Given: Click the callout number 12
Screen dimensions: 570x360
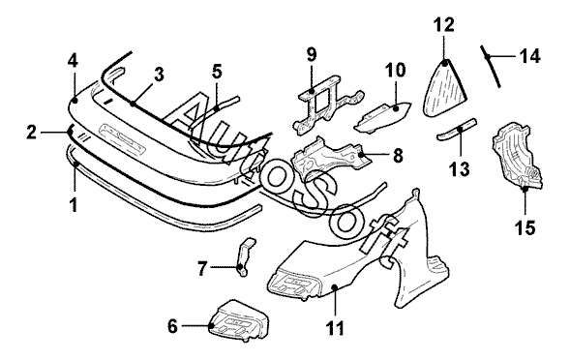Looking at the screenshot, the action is coord(444,25).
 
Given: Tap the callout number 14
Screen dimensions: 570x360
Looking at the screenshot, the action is coord(530,56).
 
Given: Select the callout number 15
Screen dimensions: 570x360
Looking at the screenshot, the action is coord(525,228).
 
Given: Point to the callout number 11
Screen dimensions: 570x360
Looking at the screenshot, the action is coord(335,329).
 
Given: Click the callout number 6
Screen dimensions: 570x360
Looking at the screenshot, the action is coord(172,326).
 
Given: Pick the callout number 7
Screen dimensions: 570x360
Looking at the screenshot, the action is coord(202,268).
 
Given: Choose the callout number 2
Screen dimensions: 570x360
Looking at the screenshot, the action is coord(32,133).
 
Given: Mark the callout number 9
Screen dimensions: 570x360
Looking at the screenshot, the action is coord(312,54).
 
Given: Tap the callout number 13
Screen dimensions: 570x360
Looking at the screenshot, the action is coord(459,169).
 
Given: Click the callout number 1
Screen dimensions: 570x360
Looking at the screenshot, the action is coord(74,205).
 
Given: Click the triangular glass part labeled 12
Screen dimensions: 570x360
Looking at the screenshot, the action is coord(444,88).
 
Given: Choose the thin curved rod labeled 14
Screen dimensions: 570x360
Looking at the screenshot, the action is coord(492,66).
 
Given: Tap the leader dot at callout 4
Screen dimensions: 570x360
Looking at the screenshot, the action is coord(75,100).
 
